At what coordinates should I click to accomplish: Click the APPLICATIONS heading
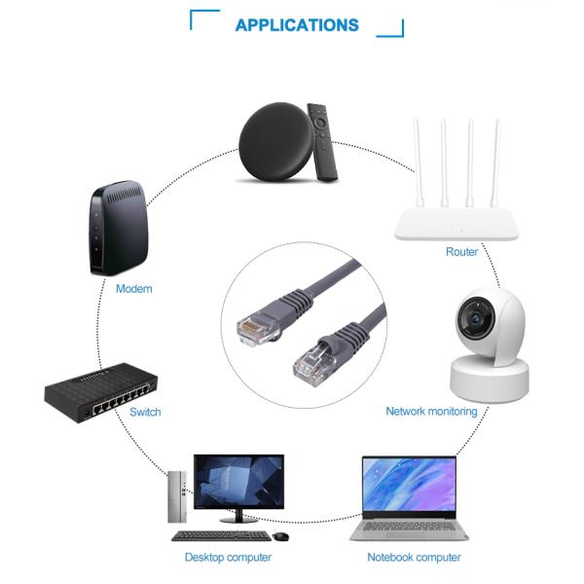296,25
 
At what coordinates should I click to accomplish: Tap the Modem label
133,289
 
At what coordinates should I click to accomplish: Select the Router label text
461,252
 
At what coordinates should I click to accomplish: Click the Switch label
145,412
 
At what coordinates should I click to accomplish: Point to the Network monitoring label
431,412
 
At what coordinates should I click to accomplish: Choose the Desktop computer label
228,558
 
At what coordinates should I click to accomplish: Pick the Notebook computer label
414,558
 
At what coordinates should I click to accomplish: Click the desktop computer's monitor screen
237,482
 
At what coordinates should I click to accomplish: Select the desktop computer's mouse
280,536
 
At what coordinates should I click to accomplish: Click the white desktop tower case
176,495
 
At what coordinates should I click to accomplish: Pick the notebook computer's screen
409,484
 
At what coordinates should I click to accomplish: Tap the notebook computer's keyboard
409,529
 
